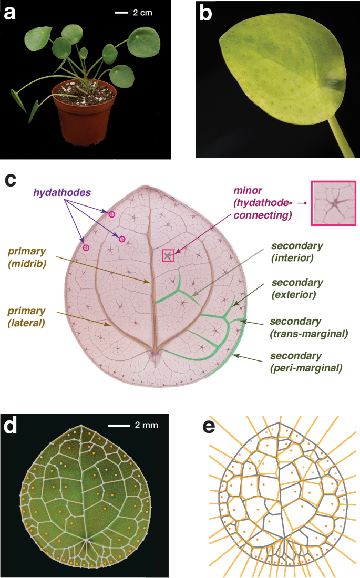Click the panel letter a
tap(9, 13)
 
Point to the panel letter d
tap(10, 426)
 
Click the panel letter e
tap(209, 427)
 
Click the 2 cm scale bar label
tap(143, 13)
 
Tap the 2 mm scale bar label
tap(147, 425)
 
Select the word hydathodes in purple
tap(62, 192)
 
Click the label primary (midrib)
tap(27, 257)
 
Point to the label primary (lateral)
tap(27, 317)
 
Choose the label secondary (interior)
tap(297, 252)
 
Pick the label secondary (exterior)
tap(297, 288)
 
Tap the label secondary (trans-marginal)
tap(309, 327)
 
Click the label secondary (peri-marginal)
tap(306, 362)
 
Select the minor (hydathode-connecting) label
tap(263, 203)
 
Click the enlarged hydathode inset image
tap(334, 203)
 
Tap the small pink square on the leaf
tap(168, 255)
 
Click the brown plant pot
tap(84, 112)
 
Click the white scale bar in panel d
tap(119, 426)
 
